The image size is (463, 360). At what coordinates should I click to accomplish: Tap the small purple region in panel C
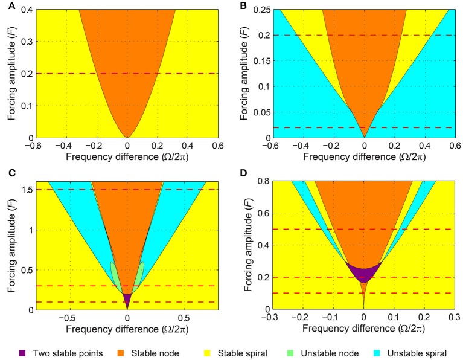pos(127,298)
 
